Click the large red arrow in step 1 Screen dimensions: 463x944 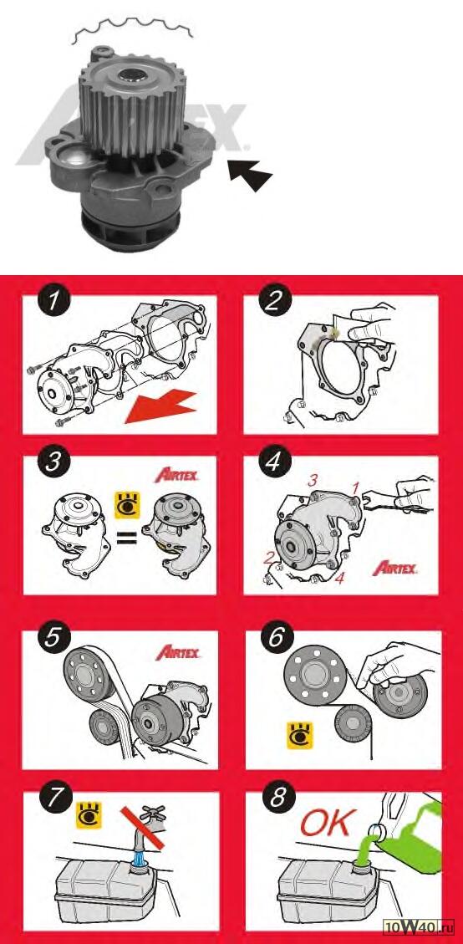pos(161,406)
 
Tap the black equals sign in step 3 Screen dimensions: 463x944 pos(127,534)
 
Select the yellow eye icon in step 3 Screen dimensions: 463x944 pos(128,505)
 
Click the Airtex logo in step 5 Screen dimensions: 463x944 pos(178,652)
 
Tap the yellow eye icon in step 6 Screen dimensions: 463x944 pos(299,736)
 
